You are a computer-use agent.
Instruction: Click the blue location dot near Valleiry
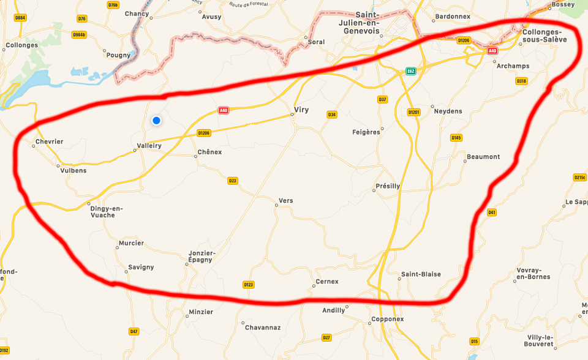click(156, 121)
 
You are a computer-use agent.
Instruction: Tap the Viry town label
click(301, 110)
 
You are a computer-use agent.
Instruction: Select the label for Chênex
click(209, 152)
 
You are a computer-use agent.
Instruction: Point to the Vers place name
click(286, 200)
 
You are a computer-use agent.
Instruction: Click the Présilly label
click(388, 186)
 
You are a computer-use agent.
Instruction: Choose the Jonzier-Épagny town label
click(201, 256)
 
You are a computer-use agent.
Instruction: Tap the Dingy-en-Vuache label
click(107, 211)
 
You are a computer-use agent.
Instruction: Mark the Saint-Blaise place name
click(421, 274)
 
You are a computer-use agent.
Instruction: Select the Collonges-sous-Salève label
click(545, 36)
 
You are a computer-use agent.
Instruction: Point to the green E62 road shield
click(410, 71)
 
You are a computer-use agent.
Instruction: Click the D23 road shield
click(233, 181)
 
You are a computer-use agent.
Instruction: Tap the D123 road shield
click(248, 285)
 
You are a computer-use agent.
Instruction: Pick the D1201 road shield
click(413, 112)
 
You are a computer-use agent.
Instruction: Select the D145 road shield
click(456, 138)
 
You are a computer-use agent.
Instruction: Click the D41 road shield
click(491, 212)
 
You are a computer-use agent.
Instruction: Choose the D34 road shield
click(332, 114)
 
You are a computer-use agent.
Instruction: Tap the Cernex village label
click(326, 282)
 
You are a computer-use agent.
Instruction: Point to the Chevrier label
click(50, 141)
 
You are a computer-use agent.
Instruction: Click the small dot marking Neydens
click(430, 111)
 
